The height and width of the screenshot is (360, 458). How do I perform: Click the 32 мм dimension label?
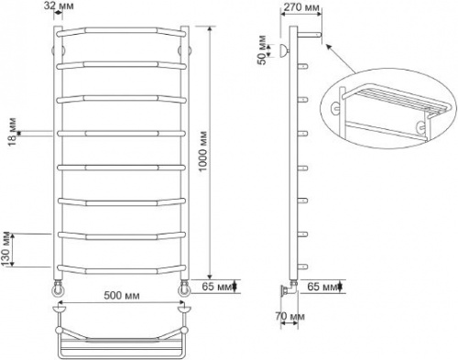[59, 5]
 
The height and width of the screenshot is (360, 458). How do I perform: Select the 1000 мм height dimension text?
[203, 152]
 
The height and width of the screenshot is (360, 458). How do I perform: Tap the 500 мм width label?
[122, 296]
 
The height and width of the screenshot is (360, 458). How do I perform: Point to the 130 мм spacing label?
[7, 249]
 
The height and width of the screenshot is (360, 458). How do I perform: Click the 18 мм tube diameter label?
[13, 132]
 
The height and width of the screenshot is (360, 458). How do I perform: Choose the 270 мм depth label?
[300, 7]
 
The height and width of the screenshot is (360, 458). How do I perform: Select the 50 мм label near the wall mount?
[262, 50]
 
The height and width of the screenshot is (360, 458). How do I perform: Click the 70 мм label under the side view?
[289, 316]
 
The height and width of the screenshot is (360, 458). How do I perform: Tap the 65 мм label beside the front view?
[217, 287]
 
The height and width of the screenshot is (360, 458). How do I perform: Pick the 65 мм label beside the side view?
[322, 287]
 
